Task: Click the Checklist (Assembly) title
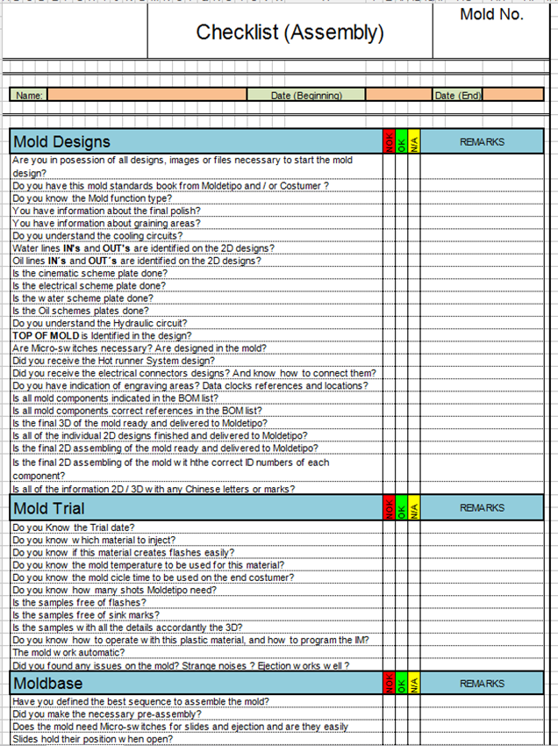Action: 290,33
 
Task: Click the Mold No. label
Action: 491,14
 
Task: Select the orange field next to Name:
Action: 146,95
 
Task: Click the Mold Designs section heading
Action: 61,141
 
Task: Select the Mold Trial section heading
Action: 49,508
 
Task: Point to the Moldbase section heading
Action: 47,684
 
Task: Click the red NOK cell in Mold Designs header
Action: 389,141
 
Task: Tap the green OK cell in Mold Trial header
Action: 402,508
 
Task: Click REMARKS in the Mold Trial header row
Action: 482,508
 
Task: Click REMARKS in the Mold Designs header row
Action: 482,141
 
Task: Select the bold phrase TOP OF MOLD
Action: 46,336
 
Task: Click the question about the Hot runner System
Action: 114,361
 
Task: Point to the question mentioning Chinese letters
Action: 154,489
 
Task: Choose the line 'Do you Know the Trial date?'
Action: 74,527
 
